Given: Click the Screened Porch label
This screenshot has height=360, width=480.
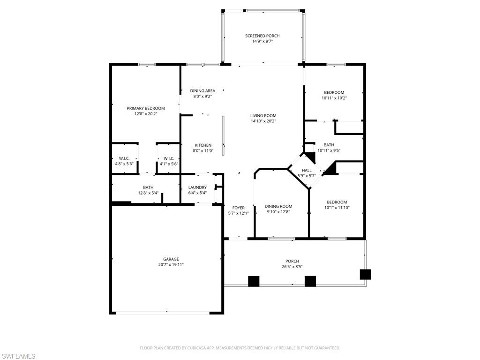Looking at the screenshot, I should tap(262, 36).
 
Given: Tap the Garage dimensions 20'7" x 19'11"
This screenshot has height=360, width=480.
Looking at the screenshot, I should tap(171, 265).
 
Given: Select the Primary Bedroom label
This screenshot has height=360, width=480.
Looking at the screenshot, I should tap(145, 108).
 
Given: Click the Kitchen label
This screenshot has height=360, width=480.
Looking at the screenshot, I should tap(203, 145).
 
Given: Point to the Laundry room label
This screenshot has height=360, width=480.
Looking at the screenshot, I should tap(197, 187).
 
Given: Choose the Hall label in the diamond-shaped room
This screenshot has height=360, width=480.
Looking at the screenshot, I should tap(307, 171).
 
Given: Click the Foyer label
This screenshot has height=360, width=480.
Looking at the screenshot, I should tap(238, 208).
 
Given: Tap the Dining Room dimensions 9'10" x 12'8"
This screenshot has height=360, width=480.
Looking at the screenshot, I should tap(278, 212).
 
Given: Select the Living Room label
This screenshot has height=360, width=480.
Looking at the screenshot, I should tap(263, 116).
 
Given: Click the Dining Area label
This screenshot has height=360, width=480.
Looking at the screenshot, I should tap(202, 91).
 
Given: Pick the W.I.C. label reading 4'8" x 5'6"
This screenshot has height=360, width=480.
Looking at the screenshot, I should tap(124, 158).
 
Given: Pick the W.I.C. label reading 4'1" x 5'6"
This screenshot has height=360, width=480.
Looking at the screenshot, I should tap(169, 158).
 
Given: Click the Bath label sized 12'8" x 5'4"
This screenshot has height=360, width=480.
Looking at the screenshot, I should tap(148, 187).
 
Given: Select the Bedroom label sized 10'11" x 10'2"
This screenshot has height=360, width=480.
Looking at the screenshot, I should tap(334, 92).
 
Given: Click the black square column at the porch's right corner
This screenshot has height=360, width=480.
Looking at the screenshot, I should tap(365, 274).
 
